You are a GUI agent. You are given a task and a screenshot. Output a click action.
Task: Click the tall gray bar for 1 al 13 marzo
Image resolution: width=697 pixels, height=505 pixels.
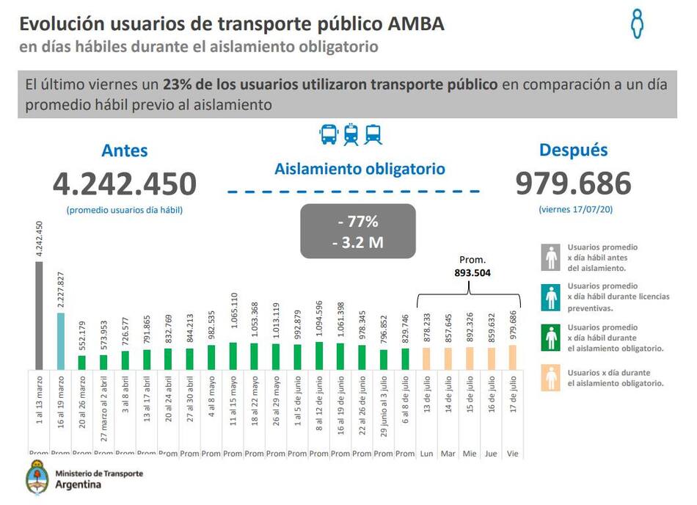click(x=39, y=316)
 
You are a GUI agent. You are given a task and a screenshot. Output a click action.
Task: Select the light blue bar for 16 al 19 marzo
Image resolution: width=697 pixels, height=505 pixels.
click(x=60, y=341)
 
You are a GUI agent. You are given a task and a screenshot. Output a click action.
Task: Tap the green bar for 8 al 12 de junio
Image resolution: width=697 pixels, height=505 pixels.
click(x=318, y=355)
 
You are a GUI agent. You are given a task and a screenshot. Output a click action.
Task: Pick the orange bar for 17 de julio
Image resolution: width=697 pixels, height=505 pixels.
click(x=512, y=357)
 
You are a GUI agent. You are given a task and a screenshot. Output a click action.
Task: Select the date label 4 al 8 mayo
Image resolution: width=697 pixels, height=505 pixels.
click(x=212, y=402)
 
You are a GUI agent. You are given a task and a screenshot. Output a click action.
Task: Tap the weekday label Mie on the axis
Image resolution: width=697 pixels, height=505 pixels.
click(x=470, y=454)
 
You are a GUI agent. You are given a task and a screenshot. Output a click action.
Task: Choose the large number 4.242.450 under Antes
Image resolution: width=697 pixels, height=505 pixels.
click(x=125, y=184)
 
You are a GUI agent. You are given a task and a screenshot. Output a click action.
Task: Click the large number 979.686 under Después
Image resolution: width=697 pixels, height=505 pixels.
click(x=573, y=184)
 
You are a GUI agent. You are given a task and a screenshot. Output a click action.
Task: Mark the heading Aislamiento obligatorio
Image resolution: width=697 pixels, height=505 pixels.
click(x=360, y=169)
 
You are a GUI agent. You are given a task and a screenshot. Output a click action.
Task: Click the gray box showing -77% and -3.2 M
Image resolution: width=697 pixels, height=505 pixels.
click(x=358, y=231)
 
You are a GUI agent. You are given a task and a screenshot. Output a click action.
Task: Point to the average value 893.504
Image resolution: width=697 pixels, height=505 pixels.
click(x=472, y=272)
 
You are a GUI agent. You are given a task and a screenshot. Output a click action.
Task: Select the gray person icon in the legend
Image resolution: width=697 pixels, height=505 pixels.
click(x=551, y=258)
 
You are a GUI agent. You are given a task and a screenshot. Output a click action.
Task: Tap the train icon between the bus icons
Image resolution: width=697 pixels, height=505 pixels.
click(x=351, y=134)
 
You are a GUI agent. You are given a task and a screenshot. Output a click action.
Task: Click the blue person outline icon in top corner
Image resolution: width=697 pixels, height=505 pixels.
click(x=638, y=23)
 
